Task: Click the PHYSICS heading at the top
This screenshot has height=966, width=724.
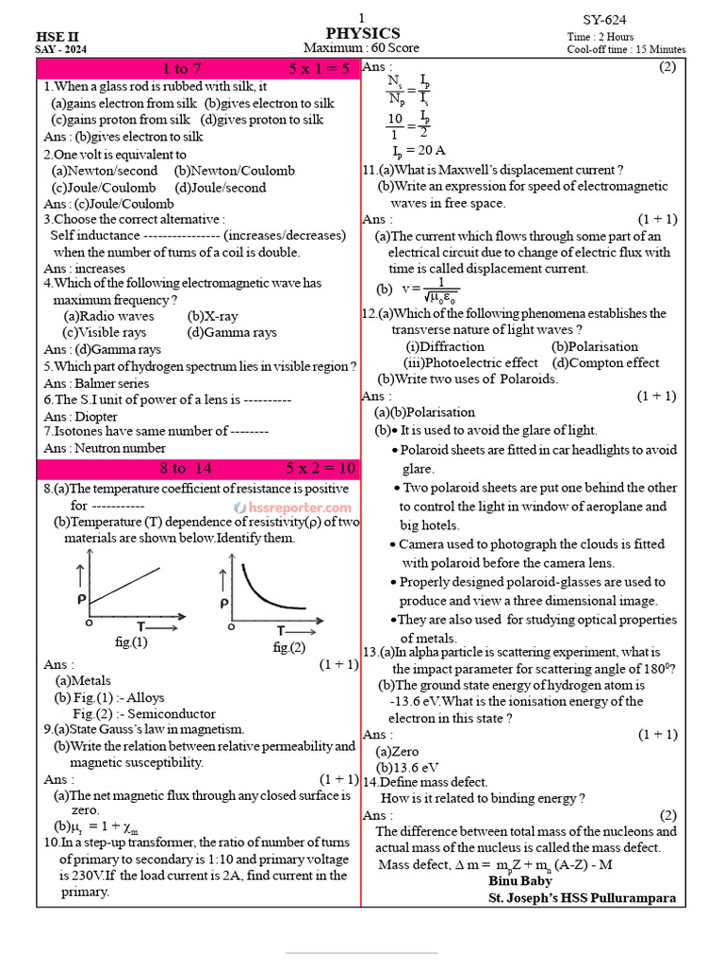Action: pyautogui.click(x=363, y=33)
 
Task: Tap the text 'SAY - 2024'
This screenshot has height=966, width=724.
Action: pyautogui.click(x=60, y=49)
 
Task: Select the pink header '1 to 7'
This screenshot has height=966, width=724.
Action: pyautogui.click(x=182, y=69)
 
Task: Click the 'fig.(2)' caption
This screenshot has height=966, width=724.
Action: pyautogui.click(x=289, y=647)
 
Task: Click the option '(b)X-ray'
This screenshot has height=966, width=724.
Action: pyautogui.click(x=213, y=316)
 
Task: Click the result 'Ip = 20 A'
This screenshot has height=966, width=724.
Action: pyautogui.click(x=419, y=150)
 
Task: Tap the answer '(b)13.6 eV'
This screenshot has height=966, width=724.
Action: pyautogui.click(x=407, y=767)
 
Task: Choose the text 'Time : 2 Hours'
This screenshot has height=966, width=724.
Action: pyautogui.click(x=601, y=37)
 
